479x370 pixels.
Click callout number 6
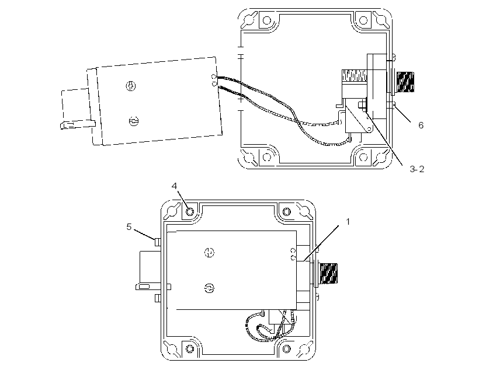(421, 125)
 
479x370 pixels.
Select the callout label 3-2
(416, 169)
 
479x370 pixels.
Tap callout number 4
(174, 186)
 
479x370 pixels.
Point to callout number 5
(129, 227)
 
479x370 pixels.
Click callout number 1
(348, 222)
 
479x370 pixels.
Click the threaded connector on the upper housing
(405, 82)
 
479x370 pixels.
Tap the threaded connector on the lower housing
(328, 273)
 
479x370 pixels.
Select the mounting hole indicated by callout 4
(190, 212)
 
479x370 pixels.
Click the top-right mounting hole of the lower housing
(287, 212)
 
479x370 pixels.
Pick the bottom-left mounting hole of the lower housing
(190, 348)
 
